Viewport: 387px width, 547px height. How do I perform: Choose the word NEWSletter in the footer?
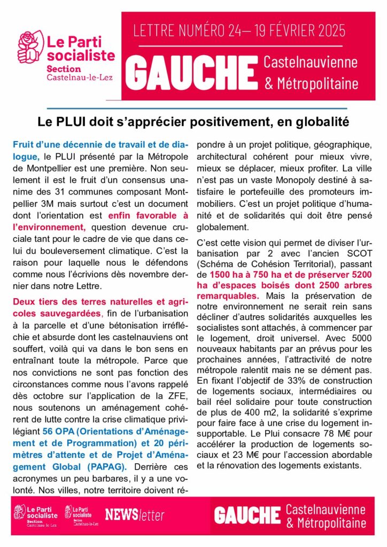coord(135,515)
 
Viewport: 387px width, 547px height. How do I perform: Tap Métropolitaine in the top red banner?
coord(316,84)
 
